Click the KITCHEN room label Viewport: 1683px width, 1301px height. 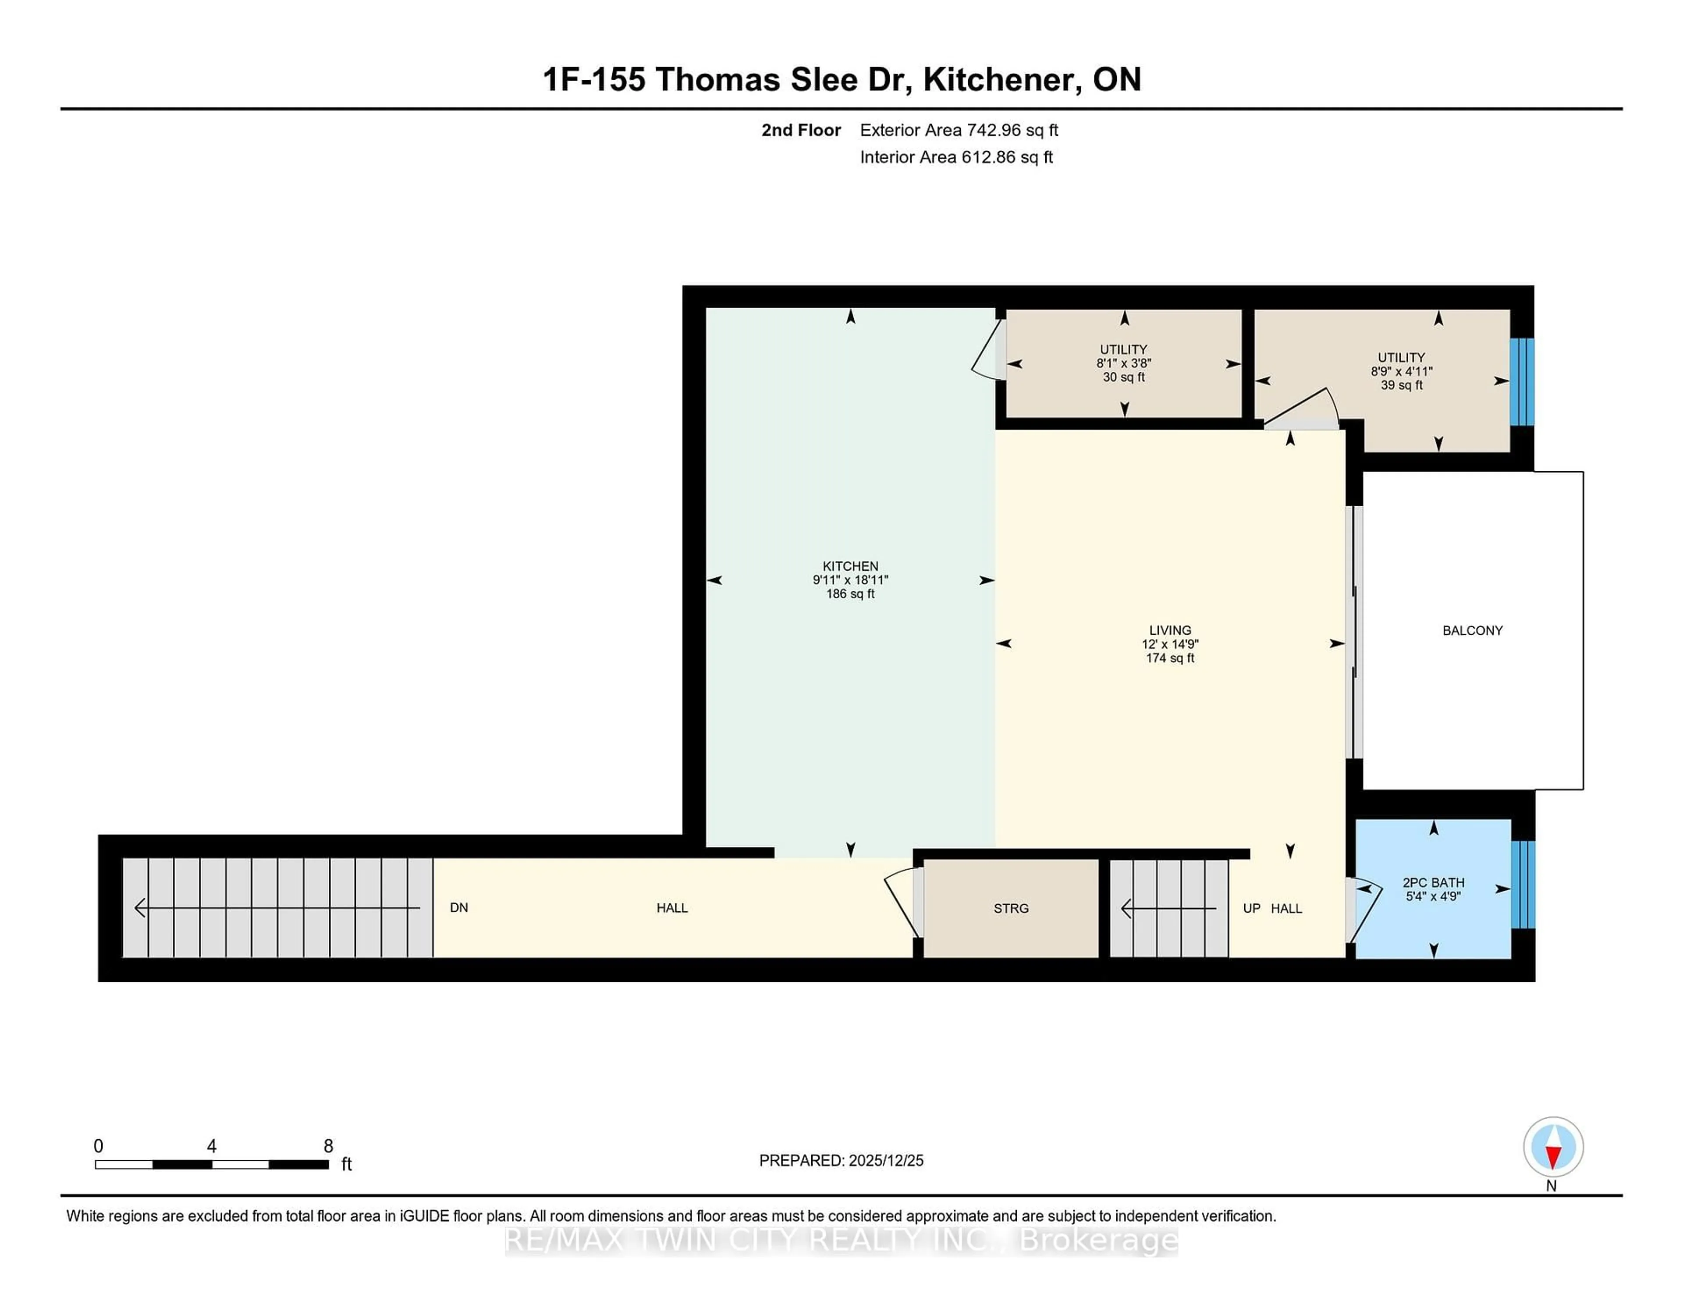pyautogui.click(x=850, y=566)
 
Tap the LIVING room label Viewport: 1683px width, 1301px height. pyautogui.click(x=1170, y=630)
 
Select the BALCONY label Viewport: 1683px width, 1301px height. pyautogui.click(x=1472, y=630)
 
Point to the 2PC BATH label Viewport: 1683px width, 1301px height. pyautogui.click(x=1433, y=882)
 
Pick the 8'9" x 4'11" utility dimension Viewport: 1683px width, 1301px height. pyautogui.click(x=1401, y=371)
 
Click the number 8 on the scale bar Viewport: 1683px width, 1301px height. pyautogui.click(x=328, y=1146)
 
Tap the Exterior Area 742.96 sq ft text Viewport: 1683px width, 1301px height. pyautogui.click(x=959, y=130)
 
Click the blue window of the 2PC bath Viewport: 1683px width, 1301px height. pyautogui.click(x=1523, y=884)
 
